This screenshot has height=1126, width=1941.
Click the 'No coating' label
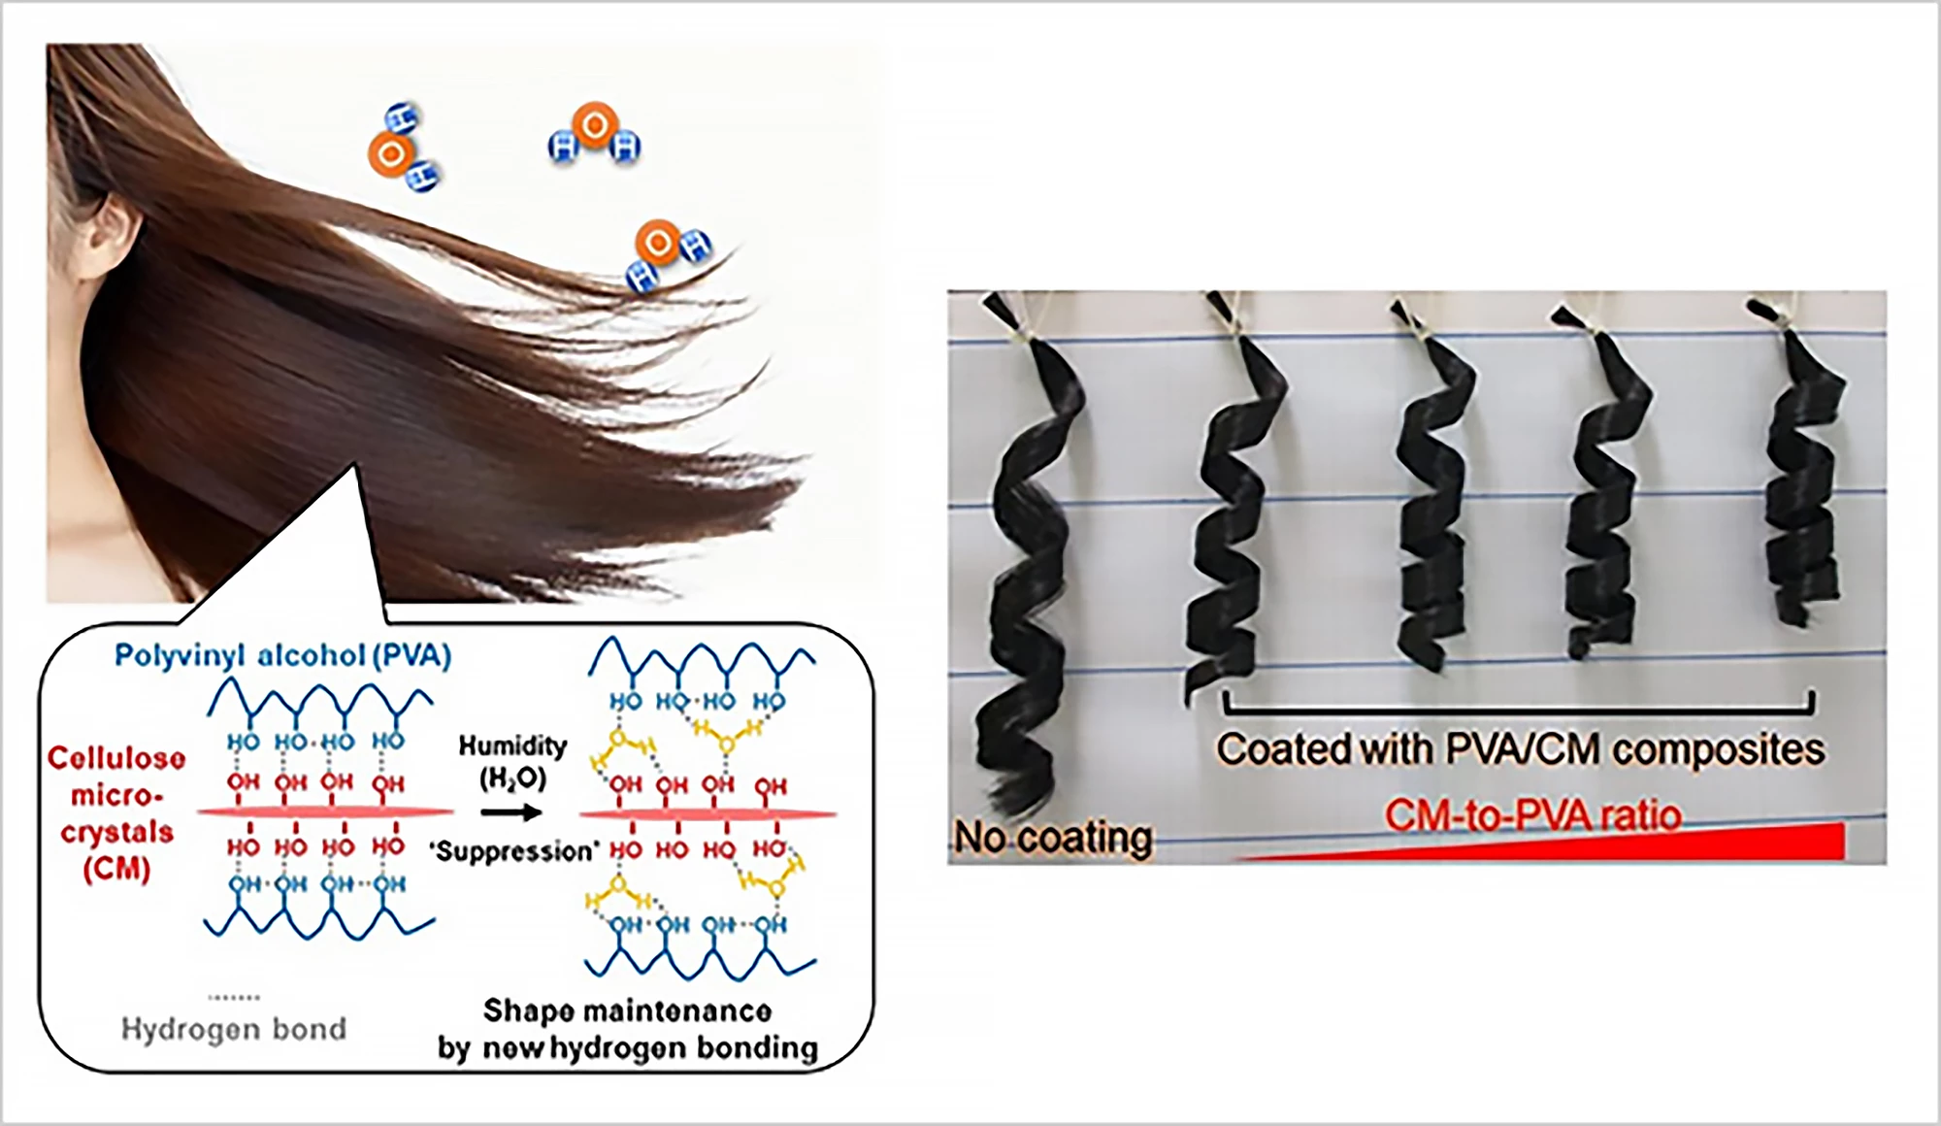[x=1053, y=837]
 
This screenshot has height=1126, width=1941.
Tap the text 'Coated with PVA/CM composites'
[x=1520, y=749]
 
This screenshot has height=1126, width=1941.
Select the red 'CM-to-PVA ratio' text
[x=1532, y=815]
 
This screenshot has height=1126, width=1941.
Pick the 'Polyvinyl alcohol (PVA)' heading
[x=282, y=656]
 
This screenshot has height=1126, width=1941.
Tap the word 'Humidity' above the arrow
[x=512, y=745]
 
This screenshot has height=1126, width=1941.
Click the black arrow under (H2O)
[x=511, y=811]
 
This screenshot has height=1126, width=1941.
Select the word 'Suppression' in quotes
[x=513, y=851]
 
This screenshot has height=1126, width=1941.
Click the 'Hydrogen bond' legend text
[x=234, y=1029]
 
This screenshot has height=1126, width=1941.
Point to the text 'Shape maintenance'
[x=627, y=1010]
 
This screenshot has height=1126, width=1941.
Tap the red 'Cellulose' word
[x=116, y=758]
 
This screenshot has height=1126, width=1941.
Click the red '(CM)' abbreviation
[x=116, y=869]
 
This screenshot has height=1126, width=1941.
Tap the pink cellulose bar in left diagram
[x=325, y=811]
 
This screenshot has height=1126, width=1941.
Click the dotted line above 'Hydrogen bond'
[x=234, y=997]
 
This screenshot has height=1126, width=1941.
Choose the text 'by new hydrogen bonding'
[x=627, y=1048]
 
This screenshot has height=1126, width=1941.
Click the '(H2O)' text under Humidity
[x=512, y=778]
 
